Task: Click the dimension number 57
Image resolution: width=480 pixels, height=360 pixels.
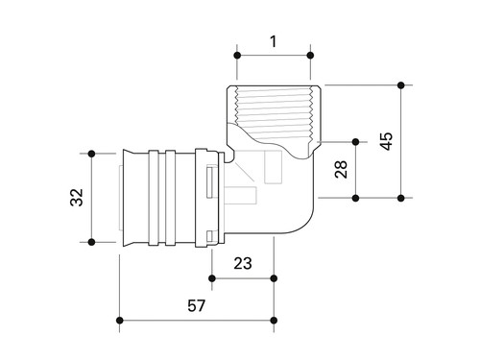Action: tap(196, 305)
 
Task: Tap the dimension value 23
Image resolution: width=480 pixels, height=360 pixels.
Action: tap(243, 263)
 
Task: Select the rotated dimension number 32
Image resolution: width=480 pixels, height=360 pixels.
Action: tap(77, 198)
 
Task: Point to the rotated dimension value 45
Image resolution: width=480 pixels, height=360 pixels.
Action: tap(386, 141)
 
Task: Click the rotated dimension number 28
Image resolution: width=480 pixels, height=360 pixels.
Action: tap(341, 169)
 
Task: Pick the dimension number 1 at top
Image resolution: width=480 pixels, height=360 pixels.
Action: tap(273, 41)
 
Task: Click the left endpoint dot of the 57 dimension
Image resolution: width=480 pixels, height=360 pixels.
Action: tap(120, 321)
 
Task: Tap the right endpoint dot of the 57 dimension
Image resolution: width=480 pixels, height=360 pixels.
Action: tap(274, 321)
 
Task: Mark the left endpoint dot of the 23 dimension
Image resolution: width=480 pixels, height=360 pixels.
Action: tap(212, 278)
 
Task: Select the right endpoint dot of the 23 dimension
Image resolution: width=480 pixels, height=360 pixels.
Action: tap(274, 278)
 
